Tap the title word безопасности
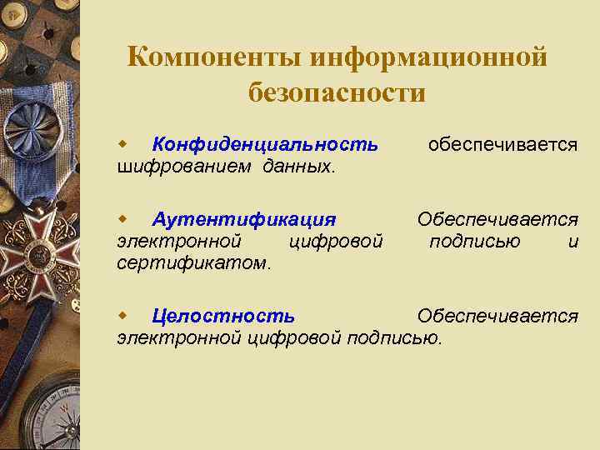(x=337, y=92)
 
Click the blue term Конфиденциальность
(x=265, y=144)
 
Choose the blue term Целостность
(x=222, y=316)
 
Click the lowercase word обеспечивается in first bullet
(x=502, y=144)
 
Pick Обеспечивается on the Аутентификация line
(x=497, y=219)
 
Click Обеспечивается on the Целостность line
(x=497, y=316)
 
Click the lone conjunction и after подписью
(x=572, y=242)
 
